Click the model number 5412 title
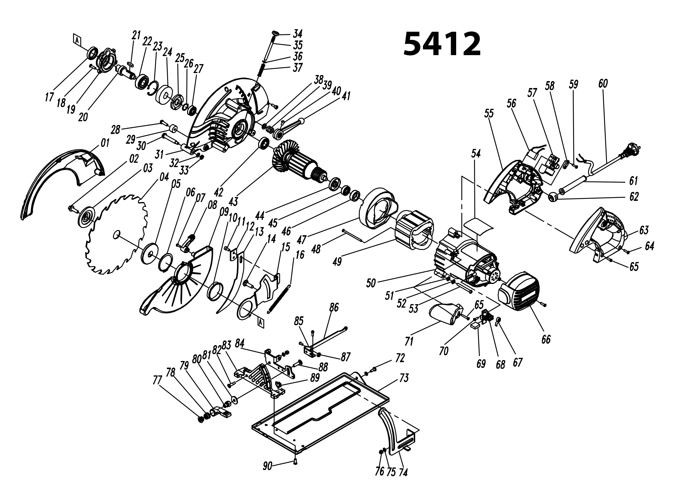point(442,44)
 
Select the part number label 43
point(233,201)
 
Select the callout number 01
point(105,143)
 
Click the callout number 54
point(476,154)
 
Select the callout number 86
point(334,307)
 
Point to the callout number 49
point(337,261)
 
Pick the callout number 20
point(83,117)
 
